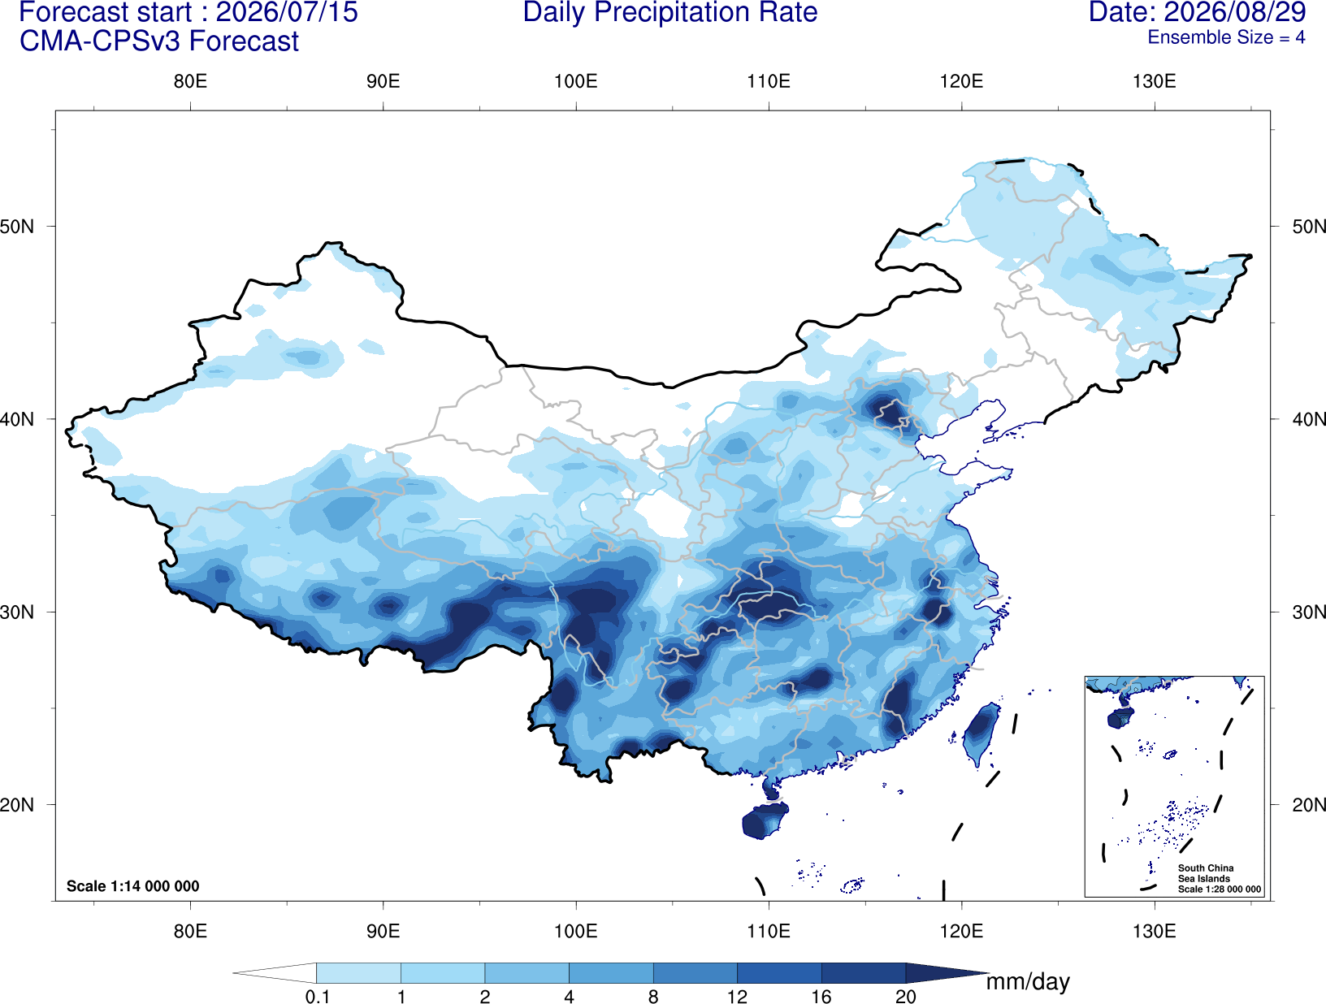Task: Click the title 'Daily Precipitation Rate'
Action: [x=670, y=12]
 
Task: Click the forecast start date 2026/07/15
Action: [x=287, y=12]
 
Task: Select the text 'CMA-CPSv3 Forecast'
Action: [x=159, y=41]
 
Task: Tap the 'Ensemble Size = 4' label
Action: [x=1226, y=37]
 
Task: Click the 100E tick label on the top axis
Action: [x=576, y=81]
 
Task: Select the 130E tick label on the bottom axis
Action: [x=1155, y=931]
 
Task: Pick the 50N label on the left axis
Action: [x=17, y=227]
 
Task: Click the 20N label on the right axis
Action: [x=1308, y=805]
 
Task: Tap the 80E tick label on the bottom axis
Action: [x=190, y=931]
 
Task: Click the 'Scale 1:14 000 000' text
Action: [x=133, y=885]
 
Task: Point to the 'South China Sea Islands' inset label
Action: [x=1205, y=873]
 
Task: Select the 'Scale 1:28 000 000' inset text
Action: [x=1219, y=889]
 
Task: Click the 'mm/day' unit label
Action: [x=1028, y=981]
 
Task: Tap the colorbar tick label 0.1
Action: [x=317, y=996]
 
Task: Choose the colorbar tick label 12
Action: [x=737, y=996]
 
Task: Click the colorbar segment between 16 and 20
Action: [x=863, y=972]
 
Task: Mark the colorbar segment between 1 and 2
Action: [x=443, y=972]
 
